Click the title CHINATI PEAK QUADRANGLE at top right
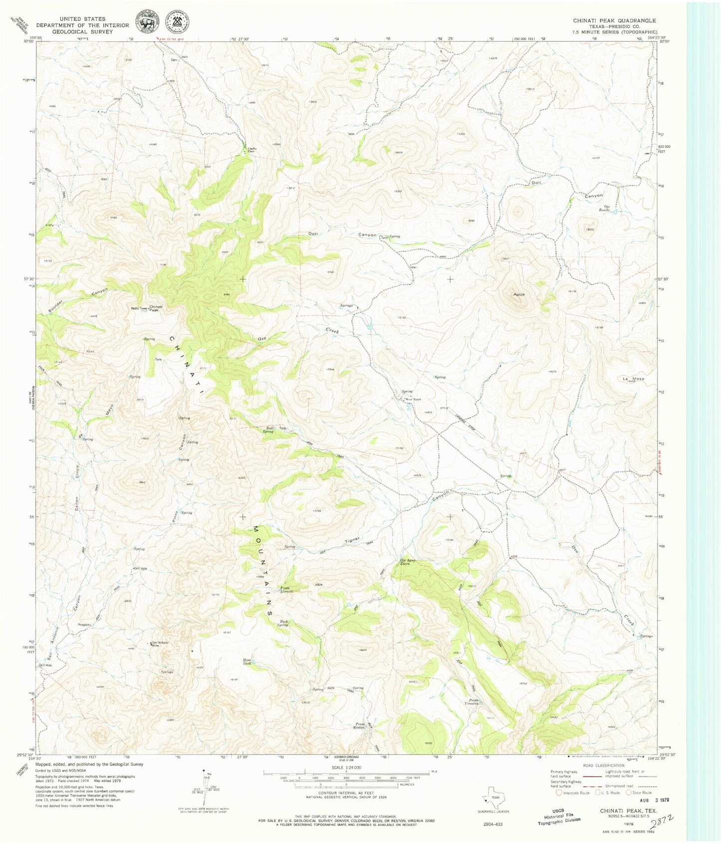pyautogui.click(x=614, y=20)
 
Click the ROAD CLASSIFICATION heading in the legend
pyautogui.click(x=600, y=766)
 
